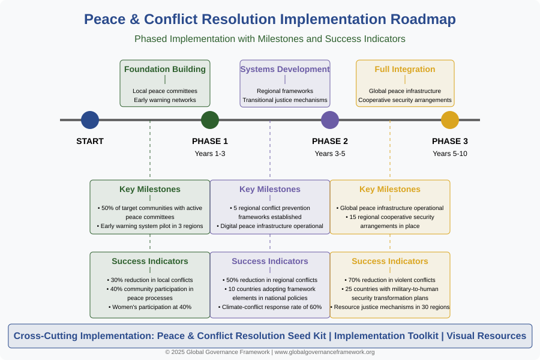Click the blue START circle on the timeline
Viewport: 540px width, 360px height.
tap(90, 120)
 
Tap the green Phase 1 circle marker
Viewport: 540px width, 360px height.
tap(210, 120)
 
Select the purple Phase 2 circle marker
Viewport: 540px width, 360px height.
tap(330, 120)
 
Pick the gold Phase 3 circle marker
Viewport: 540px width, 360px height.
tap(450, 120)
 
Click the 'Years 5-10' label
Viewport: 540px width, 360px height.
tap(450, 154)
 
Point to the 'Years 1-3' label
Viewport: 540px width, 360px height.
tap(210, 154)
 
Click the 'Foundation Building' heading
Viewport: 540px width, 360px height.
tap(165, 69)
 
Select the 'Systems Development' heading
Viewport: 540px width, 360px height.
tap(285, 69)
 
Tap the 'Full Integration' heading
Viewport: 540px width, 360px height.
tap(405, 69)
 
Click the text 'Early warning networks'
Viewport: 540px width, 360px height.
tap(165, 100)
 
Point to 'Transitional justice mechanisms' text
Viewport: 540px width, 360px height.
tap(285, 100)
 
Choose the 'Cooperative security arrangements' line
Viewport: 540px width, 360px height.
tap(405, 100)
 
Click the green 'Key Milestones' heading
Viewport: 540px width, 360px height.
tap(150, 189)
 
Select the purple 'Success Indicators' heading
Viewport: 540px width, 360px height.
tap(270, 261)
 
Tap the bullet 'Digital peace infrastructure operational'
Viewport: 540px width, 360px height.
tap(270, 226)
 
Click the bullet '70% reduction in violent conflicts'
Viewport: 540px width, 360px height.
tap(390, 280)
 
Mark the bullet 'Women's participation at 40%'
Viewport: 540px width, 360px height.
tap(150, 307)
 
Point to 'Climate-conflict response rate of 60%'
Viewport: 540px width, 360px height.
tap(270, 307)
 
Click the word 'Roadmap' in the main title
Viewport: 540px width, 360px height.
tap(423, 20)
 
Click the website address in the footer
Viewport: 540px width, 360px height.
tap(325, 352)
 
